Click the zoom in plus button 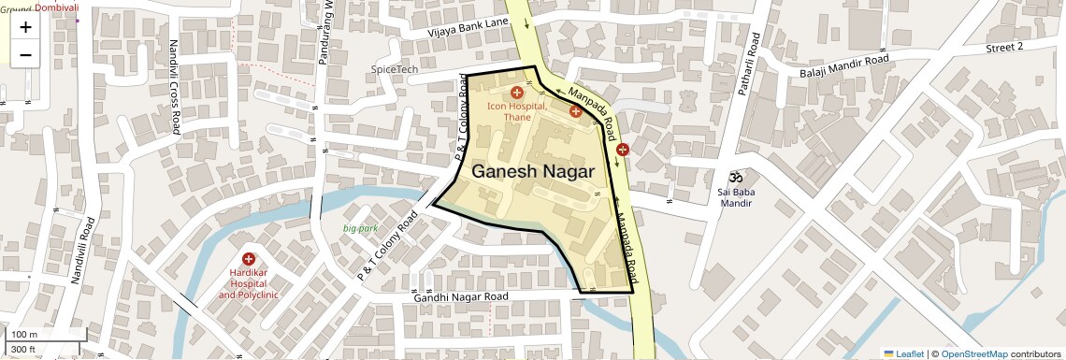coord(25,27)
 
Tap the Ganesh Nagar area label coord(533,171)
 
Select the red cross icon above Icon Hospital coord(517,93)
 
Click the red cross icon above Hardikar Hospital coord(249,259)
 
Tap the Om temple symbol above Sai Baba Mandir coord(735,176)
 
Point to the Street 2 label coord(1004,46)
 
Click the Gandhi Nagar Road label coord(461,296)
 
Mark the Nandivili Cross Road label coord(174,88)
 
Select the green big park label coord(360,228)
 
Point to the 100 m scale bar coord(24,335)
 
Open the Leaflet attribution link coord(903,353)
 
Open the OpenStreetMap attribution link coord(973,353)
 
